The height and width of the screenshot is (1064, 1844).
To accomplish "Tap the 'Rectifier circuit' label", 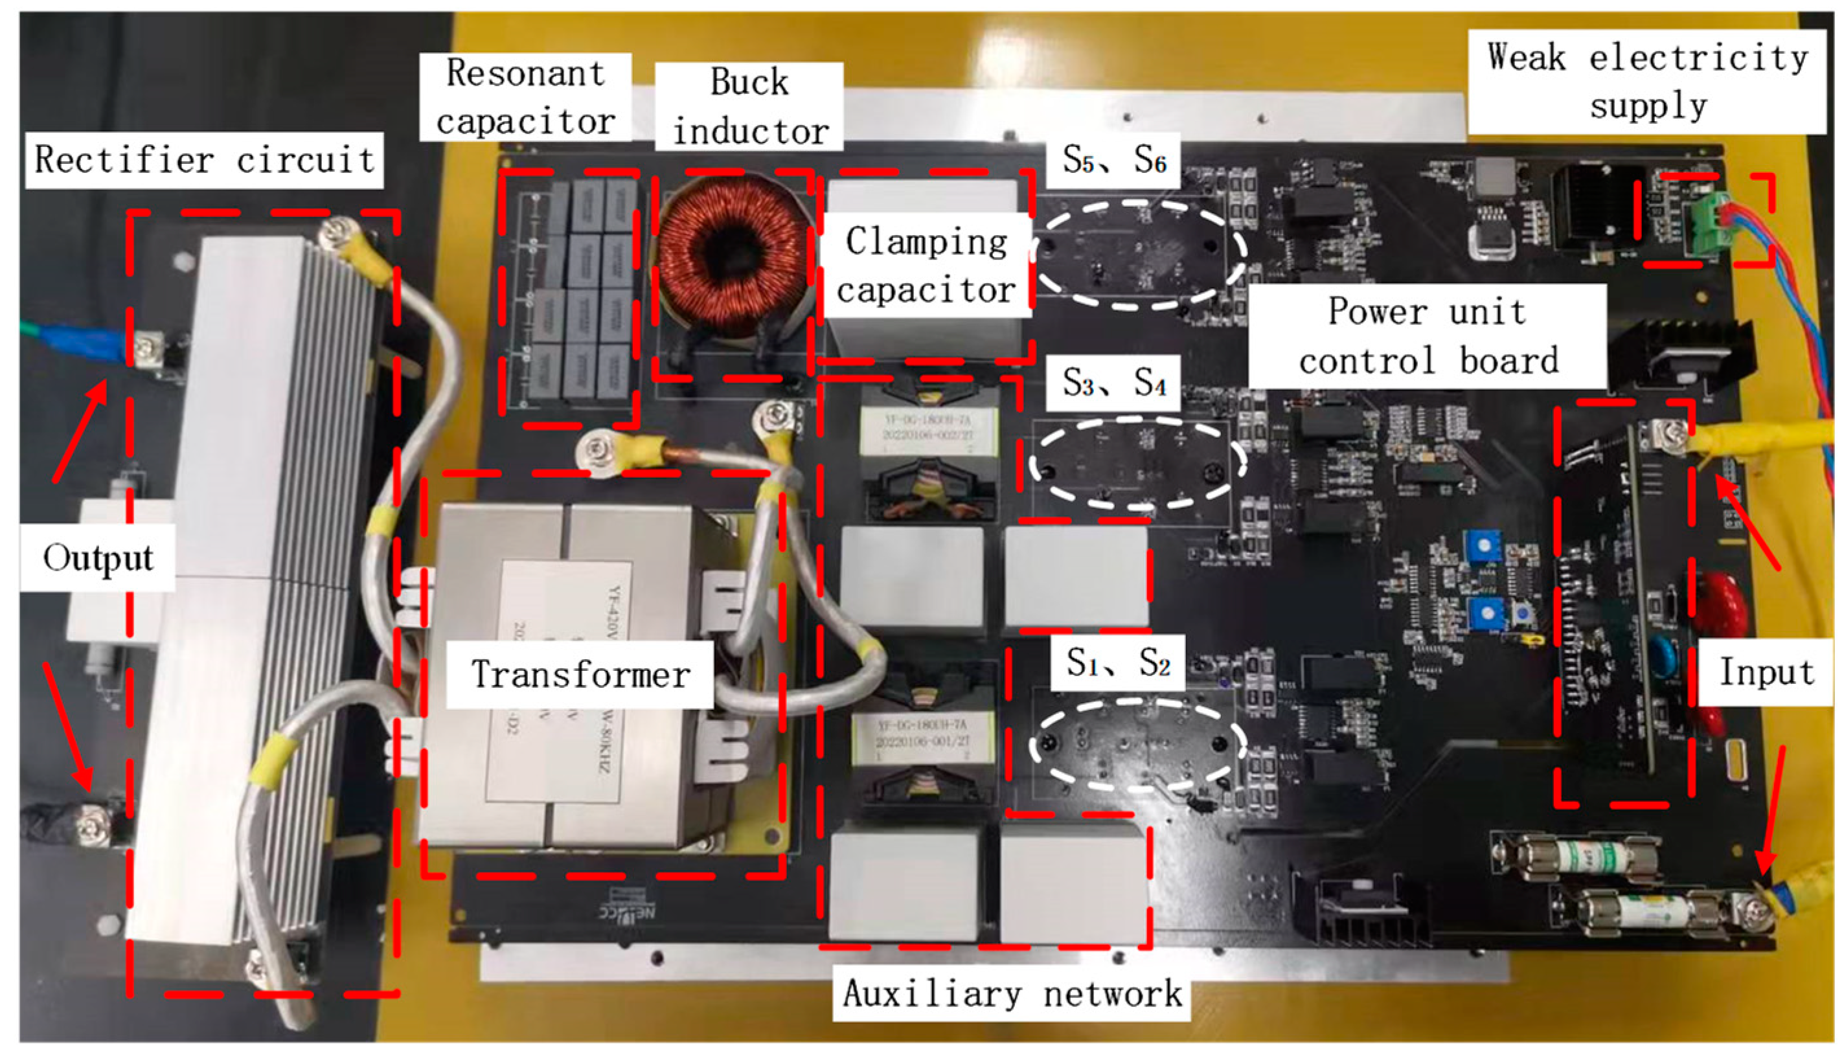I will point(205,160).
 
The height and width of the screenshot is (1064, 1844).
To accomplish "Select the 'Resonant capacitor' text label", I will point(525,96).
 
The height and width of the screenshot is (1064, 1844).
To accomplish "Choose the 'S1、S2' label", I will point(1117,662).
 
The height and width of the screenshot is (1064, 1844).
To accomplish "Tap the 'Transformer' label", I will point(580,673).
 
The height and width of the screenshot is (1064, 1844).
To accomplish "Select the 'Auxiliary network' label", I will point(1012,994).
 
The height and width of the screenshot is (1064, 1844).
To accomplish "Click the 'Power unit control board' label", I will point(1428,336).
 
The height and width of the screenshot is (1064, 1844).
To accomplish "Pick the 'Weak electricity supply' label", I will point(1646,81).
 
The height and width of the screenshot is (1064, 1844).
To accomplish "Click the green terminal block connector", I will point(1707,227).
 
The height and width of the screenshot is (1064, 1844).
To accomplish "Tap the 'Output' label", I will point(97,558).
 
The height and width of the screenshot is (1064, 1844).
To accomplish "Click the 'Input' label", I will point(1766,672).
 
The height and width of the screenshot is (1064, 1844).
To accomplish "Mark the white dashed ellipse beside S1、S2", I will point(1137,745).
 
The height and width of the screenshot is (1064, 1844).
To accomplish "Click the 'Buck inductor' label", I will point(749,107).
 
